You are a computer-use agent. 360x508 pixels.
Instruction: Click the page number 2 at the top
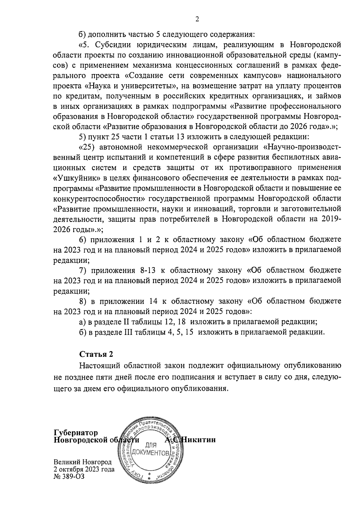(197, 19)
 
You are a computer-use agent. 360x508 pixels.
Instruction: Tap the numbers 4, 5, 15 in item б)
(180, 332)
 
